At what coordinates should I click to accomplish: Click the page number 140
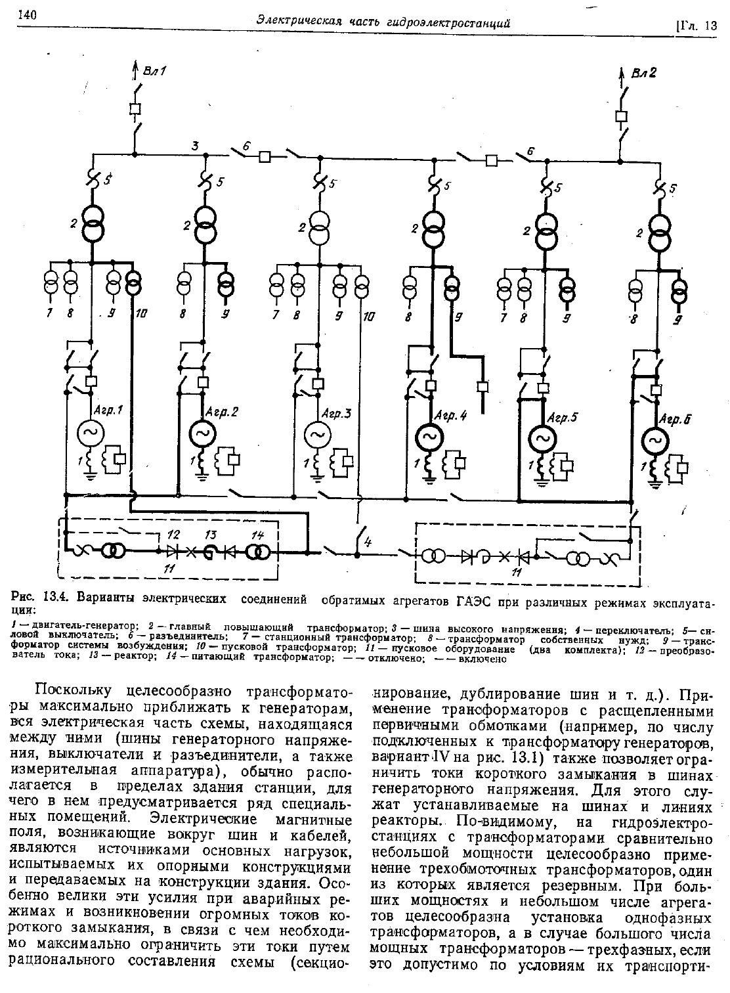(27, 15)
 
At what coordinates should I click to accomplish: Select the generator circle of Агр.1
(91, 433)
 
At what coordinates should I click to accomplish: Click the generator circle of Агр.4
(430, 437)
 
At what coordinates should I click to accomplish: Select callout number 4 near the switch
(368, 541)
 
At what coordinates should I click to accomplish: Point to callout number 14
(258, 535)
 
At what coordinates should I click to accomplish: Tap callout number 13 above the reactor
(211, 535)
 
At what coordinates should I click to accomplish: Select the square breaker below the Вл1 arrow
(135, 109)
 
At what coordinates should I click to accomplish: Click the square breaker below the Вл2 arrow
(622, 116)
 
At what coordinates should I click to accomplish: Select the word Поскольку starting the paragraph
(74, 690)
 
